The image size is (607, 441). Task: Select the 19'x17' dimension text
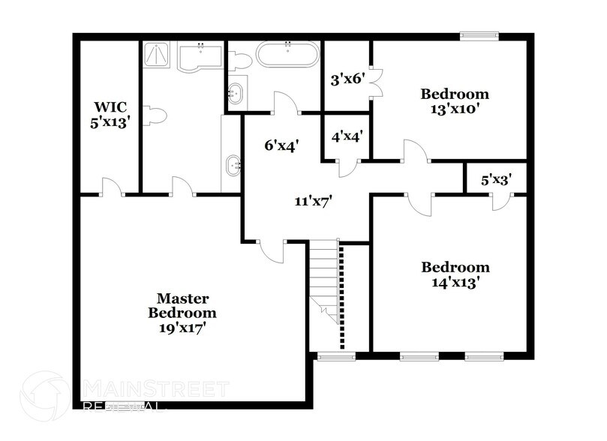coord(182,327)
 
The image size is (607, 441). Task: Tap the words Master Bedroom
coord(182,306)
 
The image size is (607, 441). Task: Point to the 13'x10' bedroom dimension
coord(455,108)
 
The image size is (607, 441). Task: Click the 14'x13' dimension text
coord(455,282)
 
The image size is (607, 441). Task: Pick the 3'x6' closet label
coord(347,77)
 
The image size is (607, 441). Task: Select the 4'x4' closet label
coord(347,136)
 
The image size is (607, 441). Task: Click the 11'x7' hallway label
coord(313,201)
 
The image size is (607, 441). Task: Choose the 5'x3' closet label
coord(495,180)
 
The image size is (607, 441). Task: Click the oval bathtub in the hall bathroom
coord(288,55)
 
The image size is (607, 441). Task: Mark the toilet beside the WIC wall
coord(155,115)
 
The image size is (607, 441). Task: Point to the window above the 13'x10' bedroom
coord(479,34)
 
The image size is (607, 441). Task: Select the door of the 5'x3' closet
coord(499,199)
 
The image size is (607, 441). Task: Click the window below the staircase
coord(336,356)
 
